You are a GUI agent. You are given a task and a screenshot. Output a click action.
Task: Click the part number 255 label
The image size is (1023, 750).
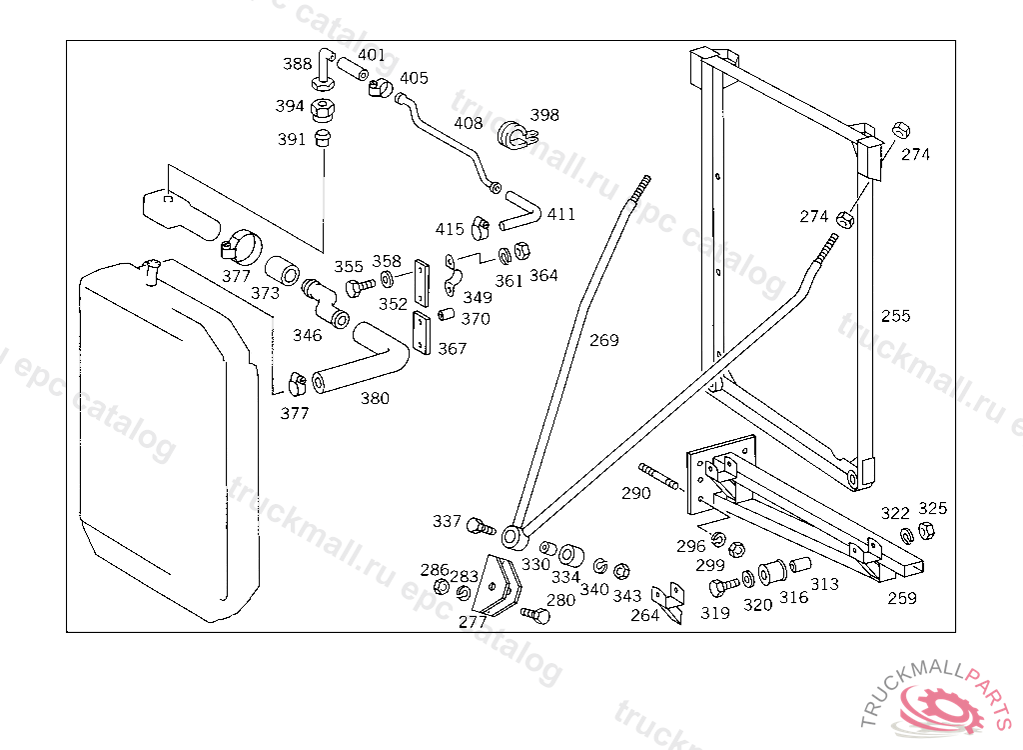pos(896,316)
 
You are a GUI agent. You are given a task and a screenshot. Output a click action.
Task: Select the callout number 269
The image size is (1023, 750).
pos(603,340)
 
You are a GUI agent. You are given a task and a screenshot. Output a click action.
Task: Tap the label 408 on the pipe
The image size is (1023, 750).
pos(468,124)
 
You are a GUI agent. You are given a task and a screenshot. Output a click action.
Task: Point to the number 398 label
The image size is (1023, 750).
pos(544,115)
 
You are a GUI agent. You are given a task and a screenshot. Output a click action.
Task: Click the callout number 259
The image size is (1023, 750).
pos(902,598)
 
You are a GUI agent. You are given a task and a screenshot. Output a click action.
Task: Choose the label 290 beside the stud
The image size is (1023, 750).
pos(636,493)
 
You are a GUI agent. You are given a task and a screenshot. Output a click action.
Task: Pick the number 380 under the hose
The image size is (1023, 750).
pos(375,398)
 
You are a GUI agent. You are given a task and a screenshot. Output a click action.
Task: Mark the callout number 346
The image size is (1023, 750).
pos(307,335)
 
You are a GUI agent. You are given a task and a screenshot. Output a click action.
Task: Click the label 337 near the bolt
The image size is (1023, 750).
pos(447,521)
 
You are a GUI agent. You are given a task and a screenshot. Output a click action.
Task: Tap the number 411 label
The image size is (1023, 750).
pos(561,214)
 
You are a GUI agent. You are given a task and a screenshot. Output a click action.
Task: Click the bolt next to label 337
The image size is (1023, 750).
pos(482,524)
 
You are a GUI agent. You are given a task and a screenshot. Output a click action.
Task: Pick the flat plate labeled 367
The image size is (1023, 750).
pos(420,334)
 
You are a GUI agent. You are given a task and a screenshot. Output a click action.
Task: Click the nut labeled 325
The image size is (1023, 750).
pos(925,531)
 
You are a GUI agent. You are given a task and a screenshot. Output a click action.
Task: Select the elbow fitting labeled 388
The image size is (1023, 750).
pos(323,68)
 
